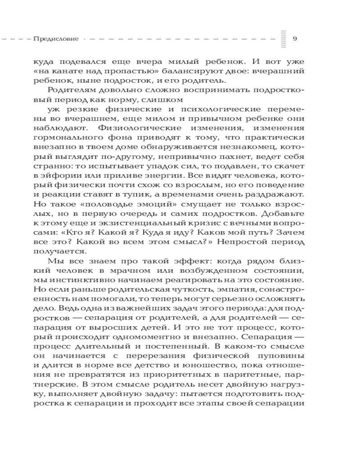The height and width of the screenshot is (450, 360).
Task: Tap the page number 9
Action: click(295, 39)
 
